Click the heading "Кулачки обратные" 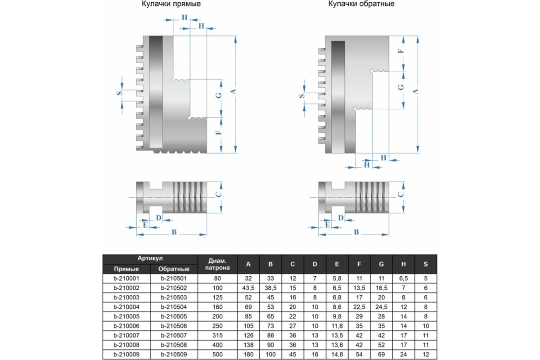(361, 4)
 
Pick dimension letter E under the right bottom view (328, 225)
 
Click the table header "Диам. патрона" (217, 264)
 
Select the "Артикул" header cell (150, 259)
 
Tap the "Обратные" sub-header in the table (175, 269)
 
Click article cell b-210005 (126, 316)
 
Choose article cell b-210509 (175, 355)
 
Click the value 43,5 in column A (248, 288)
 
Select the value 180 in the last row (248, 355)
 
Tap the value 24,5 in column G (382, 307)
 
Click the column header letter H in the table (404, 264)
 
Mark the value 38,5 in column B (270, 288)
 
